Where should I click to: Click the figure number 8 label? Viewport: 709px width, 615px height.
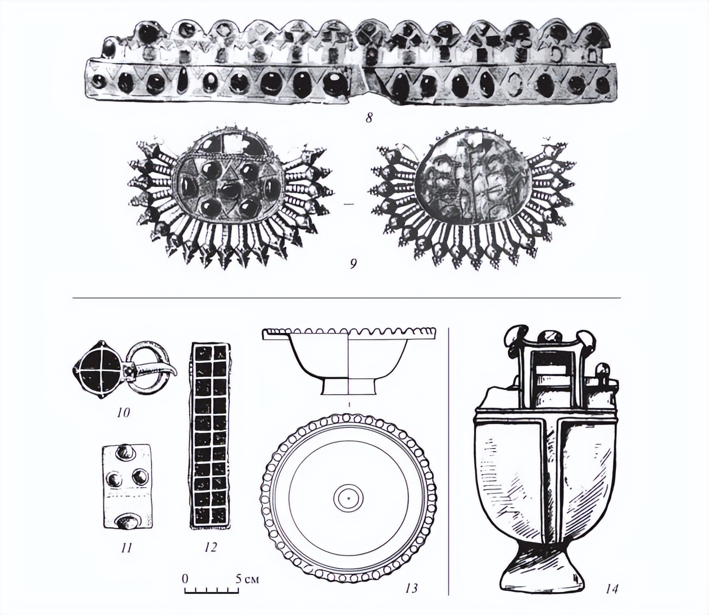[x=368, y=118]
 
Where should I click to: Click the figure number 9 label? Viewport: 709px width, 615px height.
[x=353, y=265]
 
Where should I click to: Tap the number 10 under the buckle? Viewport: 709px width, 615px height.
[x=124, y=413]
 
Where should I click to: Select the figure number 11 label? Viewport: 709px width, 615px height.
[x=126, y=547]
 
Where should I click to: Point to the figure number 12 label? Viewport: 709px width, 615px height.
[x=210, y=547]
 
